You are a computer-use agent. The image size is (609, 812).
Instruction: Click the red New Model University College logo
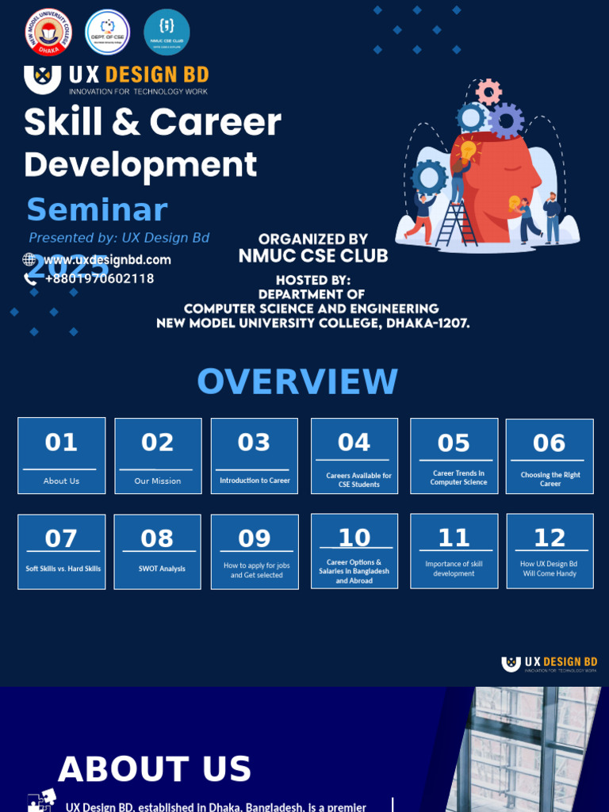pyautogui.click(x=48, y=33)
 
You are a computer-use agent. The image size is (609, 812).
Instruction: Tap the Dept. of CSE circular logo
pyautogui.click(x=107, y=33)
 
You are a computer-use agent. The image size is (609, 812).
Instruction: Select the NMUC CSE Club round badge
pyautogui.click(x=167, y=33)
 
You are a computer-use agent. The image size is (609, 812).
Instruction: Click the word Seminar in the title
pyautogui.click(x=97, y=209)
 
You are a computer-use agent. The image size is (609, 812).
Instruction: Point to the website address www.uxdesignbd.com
pyautogui.click(x=107, y=259)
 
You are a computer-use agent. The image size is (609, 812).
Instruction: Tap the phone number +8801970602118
pyautogui.click(x=99, y=278)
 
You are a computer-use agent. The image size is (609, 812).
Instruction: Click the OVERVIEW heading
pyautogui.click(x=297, y=381)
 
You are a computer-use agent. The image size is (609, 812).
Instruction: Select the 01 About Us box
pyautogui.click(x=61, y=456)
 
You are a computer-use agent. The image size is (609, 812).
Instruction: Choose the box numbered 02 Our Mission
pyautogui.click(x=158, y=456)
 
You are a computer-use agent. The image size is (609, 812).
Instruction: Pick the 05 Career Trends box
pyautogui.click(x=454, y=456)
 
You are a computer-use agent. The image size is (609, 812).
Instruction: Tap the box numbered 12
pyautogui.click(x=550, y=551)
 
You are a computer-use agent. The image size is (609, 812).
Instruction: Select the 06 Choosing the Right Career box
pyautogui.click(x=550, y=456)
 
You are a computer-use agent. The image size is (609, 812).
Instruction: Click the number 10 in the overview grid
pyautogui.click(x=354, y=538)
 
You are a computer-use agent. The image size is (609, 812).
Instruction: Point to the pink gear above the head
pyautogui.click(x=488, y=91)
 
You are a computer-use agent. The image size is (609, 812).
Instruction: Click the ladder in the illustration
pyautogui.click(x=455, y=216)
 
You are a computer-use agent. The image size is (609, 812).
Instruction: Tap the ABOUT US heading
pyautogui.click(x=155, y=769)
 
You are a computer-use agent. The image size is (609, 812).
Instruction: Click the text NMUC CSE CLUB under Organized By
pyautogui.click(x=313, y=255)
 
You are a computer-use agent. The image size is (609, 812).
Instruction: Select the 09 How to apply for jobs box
pyautogui.click(x=255, y=551)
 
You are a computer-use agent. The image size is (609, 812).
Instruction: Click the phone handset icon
pyautogui.click(x=30, y=278)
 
